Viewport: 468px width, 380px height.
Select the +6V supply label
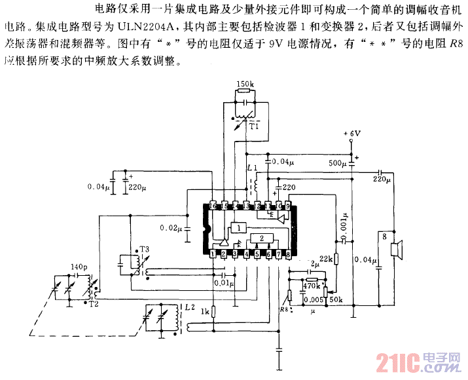point(353,134)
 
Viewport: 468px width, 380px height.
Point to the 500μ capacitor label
point(338,162)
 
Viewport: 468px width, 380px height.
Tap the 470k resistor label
point(311,286)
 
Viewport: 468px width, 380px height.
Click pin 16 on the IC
point(213,206)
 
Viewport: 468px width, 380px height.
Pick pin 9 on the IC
point(287,206)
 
